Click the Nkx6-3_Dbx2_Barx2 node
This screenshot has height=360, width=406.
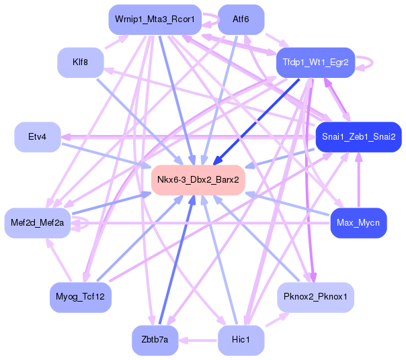pyautogui.click(x=198, y=179)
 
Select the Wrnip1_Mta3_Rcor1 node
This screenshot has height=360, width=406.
pyautogui.click(x=155, y=20)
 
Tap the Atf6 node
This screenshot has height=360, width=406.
pyautogui.click(x=241, y=20)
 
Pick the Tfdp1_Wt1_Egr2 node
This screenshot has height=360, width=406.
pyautogui.click(x=315, y=62)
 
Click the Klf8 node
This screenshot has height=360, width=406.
pyautogui.click(x=80, y=62)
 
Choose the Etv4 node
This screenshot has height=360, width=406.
pyautogui.click(x=37, y=137)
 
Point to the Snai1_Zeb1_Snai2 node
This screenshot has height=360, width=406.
pyautogui.click(x=358, y=137)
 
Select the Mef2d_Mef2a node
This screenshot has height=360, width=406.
pyautogui.click(x=37, y=222)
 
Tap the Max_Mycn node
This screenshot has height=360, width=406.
pyautogui.click(x=358, y=222)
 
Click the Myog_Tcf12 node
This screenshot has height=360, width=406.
pyautogui.click(x=80, y=296)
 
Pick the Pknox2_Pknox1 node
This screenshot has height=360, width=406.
pyautogui.click(x=315, y=296)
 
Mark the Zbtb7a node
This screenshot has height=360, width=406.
pyautogui.click(x=155, y=339)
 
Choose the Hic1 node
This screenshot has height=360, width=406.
pyautogui.click(x=241, y=339)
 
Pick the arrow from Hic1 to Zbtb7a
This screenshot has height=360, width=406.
pyautogui.click(x=198, y=340)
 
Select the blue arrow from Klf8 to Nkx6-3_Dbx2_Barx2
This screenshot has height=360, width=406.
pyautogui.click(x=134, y=117)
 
